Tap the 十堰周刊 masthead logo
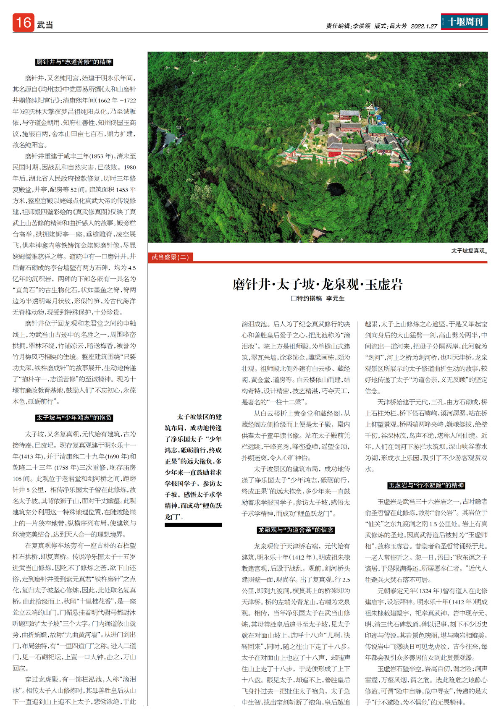coord(465,22)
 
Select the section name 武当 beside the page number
coord(45,25)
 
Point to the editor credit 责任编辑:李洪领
coord(348,26)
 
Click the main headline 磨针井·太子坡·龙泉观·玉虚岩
coord(318,284)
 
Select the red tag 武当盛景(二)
coord(170,257)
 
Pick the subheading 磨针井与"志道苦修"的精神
coord(74,62)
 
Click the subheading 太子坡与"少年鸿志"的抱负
coord(74,418)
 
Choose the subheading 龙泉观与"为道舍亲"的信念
coord(296,530)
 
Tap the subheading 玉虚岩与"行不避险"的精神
coord(426,485)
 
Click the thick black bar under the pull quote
coord(193,525)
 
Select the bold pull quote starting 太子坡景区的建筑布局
coord(193,466)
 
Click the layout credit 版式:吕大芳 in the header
coord(391,26)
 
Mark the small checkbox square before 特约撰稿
coord(294,299)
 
